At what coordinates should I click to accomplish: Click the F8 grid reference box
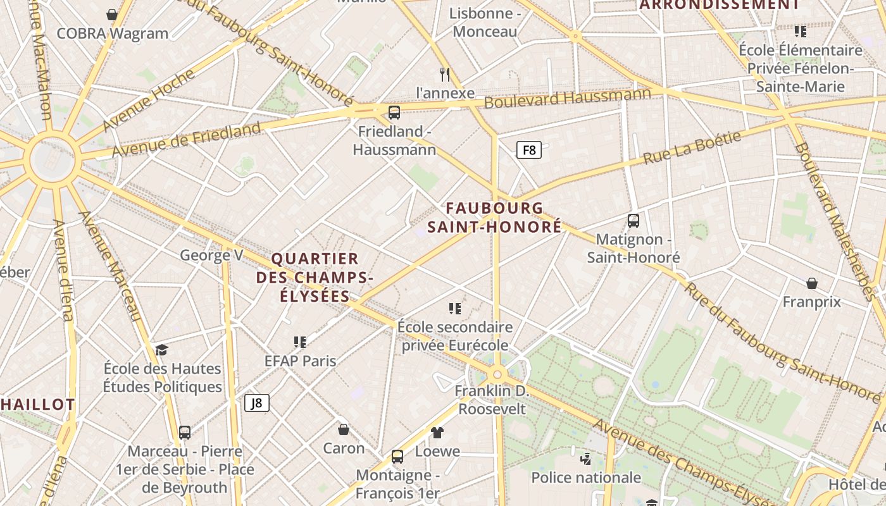pos(529,150)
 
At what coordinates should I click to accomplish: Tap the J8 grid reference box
pos(257,403)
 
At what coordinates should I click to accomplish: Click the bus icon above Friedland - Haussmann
pos(394,113)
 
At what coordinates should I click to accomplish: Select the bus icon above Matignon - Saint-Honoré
pos(633,220)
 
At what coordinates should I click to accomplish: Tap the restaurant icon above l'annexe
pos(445,74)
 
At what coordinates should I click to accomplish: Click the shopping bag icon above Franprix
pos(811,283)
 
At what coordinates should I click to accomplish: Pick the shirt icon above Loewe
pos(437,433)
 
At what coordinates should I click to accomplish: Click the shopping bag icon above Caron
pos(344,429)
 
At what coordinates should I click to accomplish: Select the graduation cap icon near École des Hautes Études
pos(162,350)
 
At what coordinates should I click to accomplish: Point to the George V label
pos(211,255)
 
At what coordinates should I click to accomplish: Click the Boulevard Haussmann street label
pos(568,98)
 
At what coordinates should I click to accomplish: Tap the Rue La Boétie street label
pos(692,148)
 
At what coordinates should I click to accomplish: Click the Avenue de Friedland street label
pos(187,139)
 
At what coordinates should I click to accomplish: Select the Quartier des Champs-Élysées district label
pos(315,277)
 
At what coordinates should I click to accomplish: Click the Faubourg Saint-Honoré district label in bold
pos(494,217)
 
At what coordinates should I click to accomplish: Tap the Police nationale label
pos(586,477)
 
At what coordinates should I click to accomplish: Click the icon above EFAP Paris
pos(300,342)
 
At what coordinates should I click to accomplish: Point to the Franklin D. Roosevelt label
pos(492,400)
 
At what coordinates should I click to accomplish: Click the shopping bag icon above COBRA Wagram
pos(112,15)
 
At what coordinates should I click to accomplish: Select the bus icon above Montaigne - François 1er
pos(397,456)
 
